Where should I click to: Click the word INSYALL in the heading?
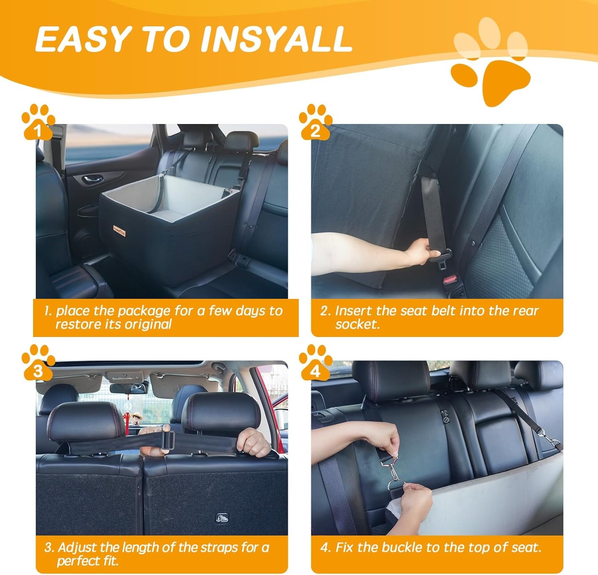276,39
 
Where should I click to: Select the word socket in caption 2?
357,324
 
